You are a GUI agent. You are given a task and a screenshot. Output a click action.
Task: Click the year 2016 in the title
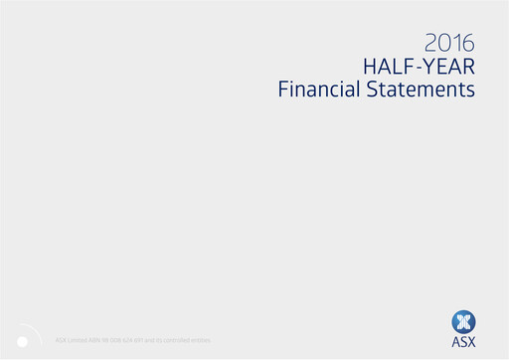(449, 43)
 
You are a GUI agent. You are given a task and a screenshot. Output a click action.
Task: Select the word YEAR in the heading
(447, 67)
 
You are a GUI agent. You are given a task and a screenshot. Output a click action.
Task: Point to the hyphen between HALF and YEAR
(417, 68)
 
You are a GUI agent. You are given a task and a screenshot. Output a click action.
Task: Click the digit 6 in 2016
(468, 43)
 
